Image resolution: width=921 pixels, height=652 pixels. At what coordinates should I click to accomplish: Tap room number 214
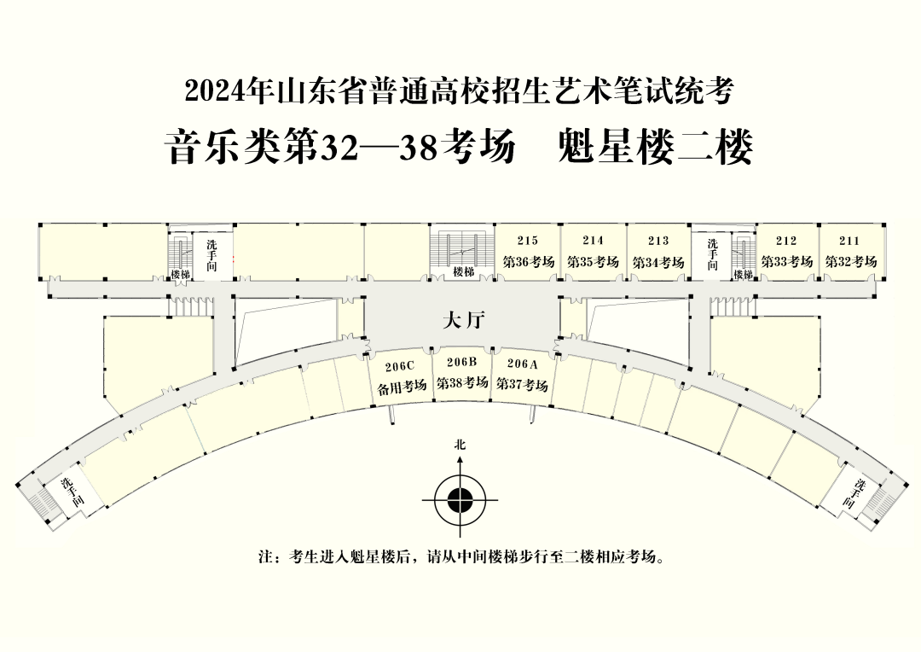pyautogui.click(x=593, y=241)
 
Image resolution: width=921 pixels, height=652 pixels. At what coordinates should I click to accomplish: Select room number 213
pyautogui.click(x=658, y=241)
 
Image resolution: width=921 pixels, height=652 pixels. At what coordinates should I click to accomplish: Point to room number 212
pyautogui.click(x=786, y=241)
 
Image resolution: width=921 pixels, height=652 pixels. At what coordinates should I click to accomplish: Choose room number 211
pyautogui.click(x=849, y=241)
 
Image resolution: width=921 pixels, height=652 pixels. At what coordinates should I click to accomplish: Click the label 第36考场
pyautogui.click(x=528, y=262)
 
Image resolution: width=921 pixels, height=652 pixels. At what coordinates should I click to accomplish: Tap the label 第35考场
pyautogui.click(x=593, y=262)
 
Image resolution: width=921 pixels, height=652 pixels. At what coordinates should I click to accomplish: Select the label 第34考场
pyautogui.click(x=658, y=262)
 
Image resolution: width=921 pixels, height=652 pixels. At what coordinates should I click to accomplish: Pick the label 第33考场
pyautogui.click(x=786, y=262)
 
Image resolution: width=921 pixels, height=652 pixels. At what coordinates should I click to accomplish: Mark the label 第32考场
pyautogui.click(x=850, y=262)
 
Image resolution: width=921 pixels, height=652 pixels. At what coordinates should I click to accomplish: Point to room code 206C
pyautogui.click(x=400, y=366)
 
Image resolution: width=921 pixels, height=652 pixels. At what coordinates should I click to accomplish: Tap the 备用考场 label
pyautogui.click(x=402, y=387)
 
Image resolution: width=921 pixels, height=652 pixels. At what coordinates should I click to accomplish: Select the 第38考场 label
pyautogui.click(x=462, y=382)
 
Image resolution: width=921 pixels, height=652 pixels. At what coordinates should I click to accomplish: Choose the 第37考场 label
pyautogui.click(x=523, y=384)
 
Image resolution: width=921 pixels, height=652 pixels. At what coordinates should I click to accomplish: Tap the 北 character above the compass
pyautogui.click(x=460, y=445)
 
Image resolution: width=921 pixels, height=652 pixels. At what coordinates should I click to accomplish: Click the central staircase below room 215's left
pyautogui.click(x=462, y=253)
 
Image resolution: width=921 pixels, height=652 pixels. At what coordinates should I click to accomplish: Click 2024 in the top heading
pyautogui.click(x=211, y=91)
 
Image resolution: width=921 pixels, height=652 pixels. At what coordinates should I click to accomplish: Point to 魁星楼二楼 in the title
pyautogui.click(x=654, y=147)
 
